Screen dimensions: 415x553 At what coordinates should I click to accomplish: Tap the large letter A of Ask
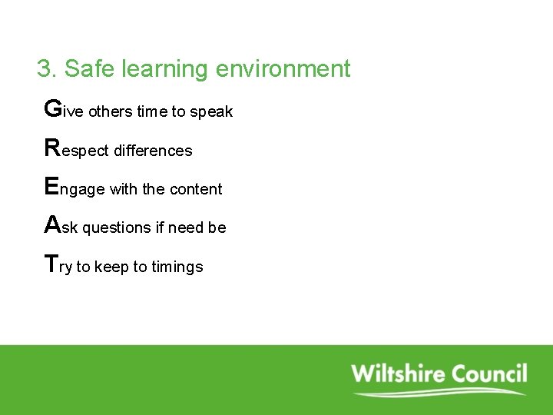coord(53,224)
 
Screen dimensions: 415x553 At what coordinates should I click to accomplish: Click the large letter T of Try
coord(51,264)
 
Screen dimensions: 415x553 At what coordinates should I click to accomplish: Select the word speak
coord(211,112)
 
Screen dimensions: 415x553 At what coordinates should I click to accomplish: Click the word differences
coord(153,151)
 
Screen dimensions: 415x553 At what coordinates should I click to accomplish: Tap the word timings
coord(177,267)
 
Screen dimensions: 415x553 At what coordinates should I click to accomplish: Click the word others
coord(111,112)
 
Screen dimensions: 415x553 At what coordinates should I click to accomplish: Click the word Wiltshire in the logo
coord(398,374)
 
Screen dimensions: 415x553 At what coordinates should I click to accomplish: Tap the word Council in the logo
coord(489,374)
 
